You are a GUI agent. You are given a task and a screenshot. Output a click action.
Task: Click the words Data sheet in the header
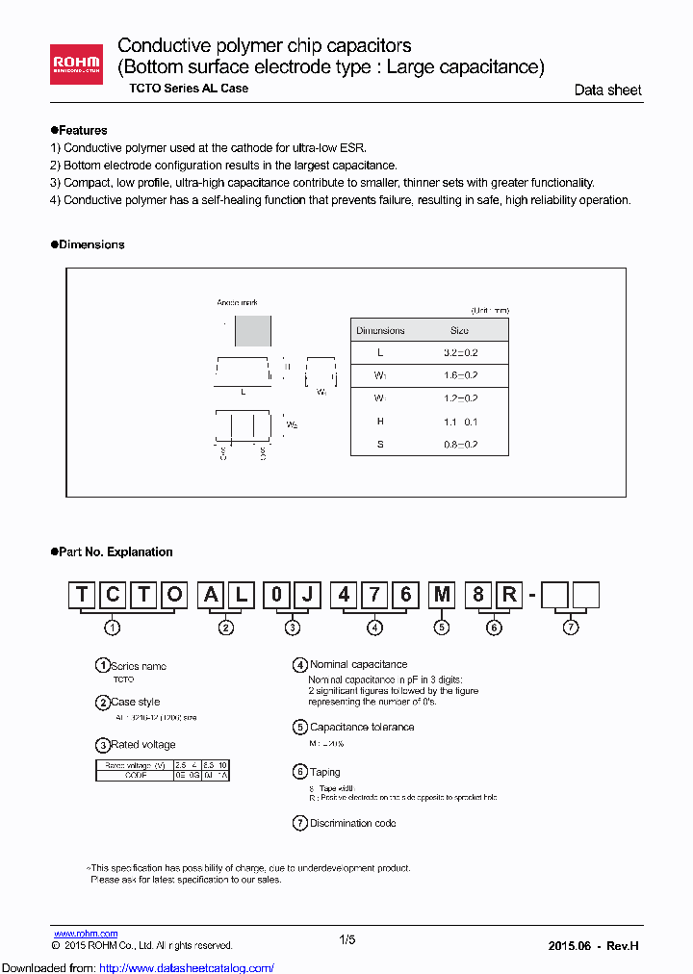(607, 90)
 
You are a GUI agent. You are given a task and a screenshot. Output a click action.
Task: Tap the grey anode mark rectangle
(253, 330)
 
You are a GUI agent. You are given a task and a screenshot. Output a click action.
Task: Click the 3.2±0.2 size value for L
(461, 353)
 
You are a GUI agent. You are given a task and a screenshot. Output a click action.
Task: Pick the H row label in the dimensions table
(380, 422)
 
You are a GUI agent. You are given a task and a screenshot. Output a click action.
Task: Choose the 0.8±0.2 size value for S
(461, 445)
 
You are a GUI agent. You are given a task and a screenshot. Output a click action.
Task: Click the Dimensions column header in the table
(380, 330)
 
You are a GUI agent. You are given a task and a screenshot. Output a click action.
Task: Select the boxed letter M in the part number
(442, 595)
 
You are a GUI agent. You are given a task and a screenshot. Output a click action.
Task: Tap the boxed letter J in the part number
(306, 595)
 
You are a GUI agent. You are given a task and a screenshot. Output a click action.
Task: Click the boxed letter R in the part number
(507, 595)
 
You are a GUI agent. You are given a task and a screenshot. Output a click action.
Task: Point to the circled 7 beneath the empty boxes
(571, 628)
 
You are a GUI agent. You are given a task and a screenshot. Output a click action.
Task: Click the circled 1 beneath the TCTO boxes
(113, 628)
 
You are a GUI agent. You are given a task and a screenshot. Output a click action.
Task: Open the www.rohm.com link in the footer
(85, 934)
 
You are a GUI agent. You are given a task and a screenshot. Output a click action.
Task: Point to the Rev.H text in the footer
(622, 946)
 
